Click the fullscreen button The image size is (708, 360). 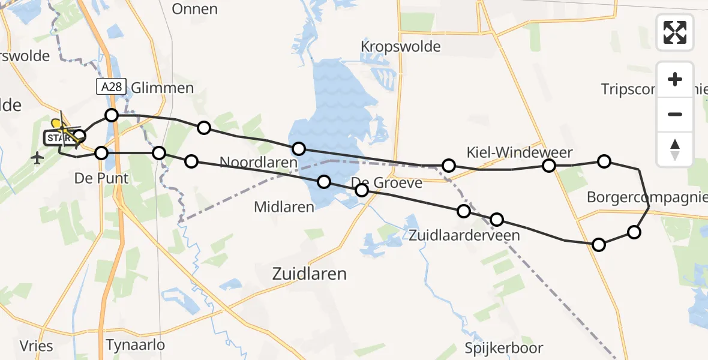click(x=675, y=32)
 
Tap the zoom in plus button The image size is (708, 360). click(x=675, y=79)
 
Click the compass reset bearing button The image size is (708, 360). click(x=675, y=149)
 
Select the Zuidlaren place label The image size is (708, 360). click(x=310, y=274)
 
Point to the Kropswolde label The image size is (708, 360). click(x=401, y=46)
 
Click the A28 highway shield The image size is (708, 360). click(x=111, y=87)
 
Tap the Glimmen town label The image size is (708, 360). click(x=162, y=88)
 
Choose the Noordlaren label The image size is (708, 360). click(x=258, y=163)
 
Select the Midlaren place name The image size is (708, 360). click(x=284, y=208)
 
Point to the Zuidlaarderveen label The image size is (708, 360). click(x=464, y=235)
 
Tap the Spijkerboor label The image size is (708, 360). click(x=504, y=348)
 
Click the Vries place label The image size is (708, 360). click(x=36, y=346)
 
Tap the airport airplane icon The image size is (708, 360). click(x=38, y=158)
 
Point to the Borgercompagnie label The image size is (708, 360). click(x=647, y=197)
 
